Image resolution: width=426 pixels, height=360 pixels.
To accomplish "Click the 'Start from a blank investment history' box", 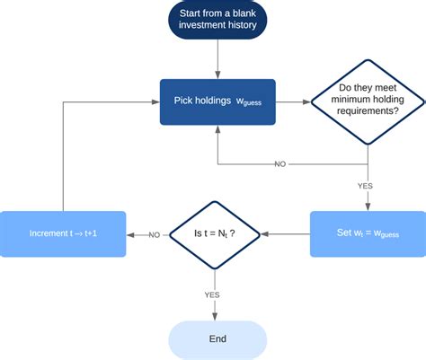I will (217, 19).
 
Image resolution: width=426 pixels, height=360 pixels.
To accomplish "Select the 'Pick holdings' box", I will (217, 101).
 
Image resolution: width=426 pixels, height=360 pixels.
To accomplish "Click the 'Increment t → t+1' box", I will (62, 234).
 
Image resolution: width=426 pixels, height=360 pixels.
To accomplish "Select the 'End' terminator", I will (217, 338).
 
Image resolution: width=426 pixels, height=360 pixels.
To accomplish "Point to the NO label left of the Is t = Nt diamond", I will (154, 234).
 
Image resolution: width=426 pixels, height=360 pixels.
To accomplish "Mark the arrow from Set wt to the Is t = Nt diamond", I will (286, 234).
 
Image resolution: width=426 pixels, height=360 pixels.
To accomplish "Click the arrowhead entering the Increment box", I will (129, 234).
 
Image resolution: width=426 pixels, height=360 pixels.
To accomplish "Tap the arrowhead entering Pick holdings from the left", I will (155, 101).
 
